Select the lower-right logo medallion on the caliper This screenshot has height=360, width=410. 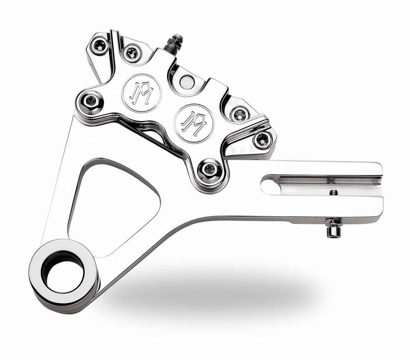(x=194, y=122)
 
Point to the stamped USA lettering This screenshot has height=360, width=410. (x=244, y=150)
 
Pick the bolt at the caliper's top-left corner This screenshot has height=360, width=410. (x=100, y=46)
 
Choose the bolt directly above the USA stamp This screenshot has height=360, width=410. (x=262, y=138)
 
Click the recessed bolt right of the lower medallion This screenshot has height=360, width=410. (x=239, y=114)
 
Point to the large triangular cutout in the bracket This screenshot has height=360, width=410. (x=113, y=205)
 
